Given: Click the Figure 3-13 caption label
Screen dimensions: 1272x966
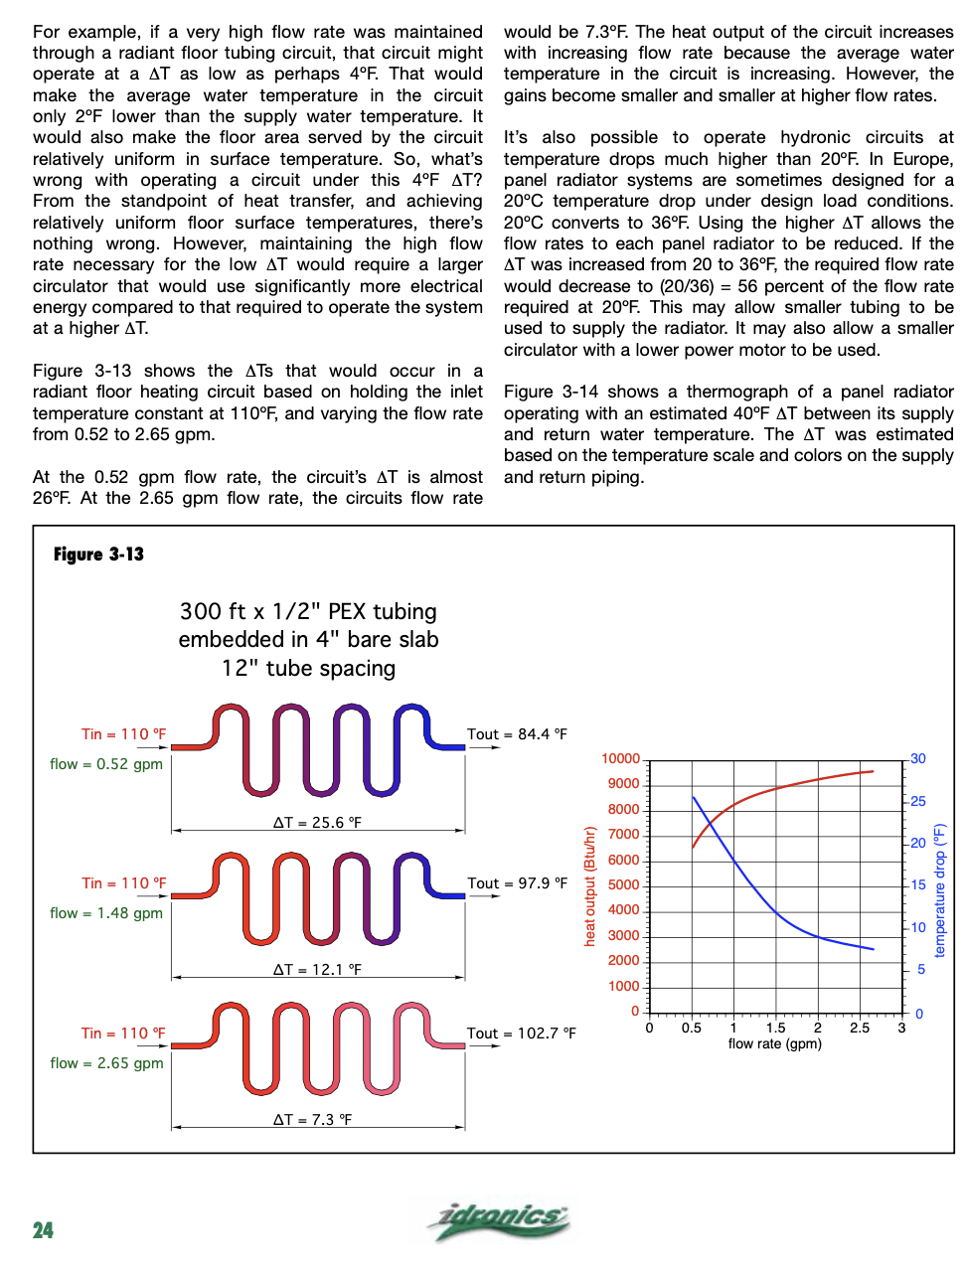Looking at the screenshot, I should click(x=98, y=555).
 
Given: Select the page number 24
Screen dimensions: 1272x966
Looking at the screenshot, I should click(x=43, y=1230).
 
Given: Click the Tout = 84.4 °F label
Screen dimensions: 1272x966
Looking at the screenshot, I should click(x=517, y=734).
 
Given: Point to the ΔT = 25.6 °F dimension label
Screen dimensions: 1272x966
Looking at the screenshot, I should click(x=317, y=823).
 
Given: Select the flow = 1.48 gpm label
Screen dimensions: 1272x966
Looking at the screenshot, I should click(x=106, y=913).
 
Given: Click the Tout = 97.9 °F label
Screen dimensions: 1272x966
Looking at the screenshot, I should click(x=517, y=883).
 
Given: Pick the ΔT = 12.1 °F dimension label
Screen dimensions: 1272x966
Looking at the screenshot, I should click(x=317, y=970).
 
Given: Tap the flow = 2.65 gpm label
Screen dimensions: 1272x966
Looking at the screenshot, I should click(x=106, y=1063).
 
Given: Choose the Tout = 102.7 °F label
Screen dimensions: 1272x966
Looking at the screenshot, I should click(x=521, y=1033).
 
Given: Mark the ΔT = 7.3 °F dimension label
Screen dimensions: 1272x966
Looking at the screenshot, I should click(x=312, y=1120).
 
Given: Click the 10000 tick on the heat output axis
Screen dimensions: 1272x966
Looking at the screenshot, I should click(x=620, y=759).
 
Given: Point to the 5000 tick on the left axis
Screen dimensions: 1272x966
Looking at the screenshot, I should click(x=623, y=885).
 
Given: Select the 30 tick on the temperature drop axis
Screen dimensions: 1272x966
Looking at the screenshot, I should click(x=918, y=759).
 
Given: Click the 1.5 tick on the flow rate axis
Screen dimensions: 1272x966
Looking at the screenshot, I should click(x=775, y=1029).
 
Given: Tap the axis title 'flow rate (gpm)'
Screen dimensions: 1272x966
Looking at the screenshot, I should click(x=774, y=1044).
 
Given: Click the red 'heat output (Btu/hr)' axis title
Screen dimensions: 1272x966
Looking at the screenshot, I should click(x=590, y=885).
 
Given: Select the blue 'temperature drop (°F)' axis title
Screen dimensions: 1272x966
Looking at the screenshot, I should click(x=940, y=890).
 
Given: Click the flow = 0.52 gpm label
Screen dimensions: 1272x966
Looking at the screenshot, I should click(x=106, y=764).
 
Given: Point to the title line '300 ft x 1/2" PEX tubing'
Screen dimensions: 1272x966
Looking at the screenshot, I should click(x=308, y=611).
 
